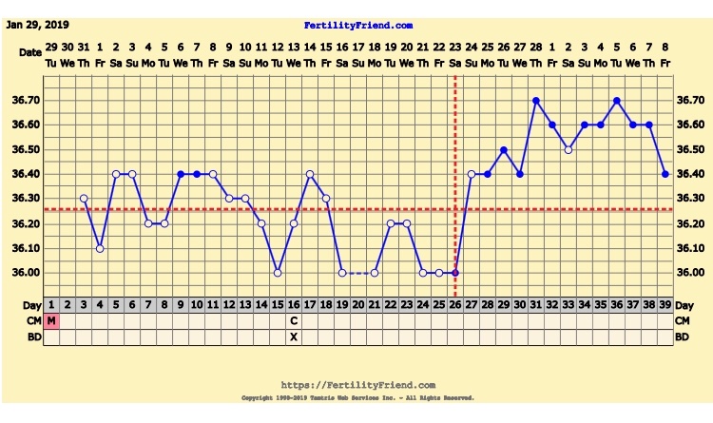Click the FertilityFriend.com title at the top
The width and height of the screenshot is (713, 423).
point(358,25)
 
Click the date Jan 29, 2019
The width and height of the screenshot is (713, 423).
point(37,25)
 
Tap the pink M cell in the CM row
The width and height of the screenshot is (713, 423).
point(51,320)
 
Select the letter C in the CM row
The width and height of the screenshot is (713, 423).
point(294,320)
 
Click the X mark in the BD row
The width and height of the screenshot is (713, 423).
point(294,336)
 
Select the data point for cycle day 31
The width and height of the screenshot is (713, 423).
point(536,100)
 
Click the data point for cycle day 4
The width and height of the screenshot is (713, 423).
point(100,248)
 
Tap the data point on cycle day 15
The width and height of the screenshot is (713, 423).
point(278,273)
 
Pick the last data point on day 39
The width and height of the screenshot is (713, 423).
point(665,174)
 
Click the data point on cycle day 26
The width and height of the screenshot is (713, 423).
point(455,273)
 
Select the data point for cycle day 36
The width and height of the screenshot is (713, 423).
point(617,100)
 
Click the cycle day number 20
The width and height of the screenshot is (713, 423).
point(358,304)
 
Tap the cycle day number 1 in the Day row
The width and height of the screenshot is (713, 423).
point(51,304)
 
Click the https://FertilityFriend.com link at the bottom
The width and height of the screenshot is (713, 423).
point(358,384)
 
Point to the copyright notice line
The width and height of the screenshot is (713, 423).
point(358,397)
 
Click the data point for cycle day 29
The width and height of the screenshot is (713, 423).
point(504,149)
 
